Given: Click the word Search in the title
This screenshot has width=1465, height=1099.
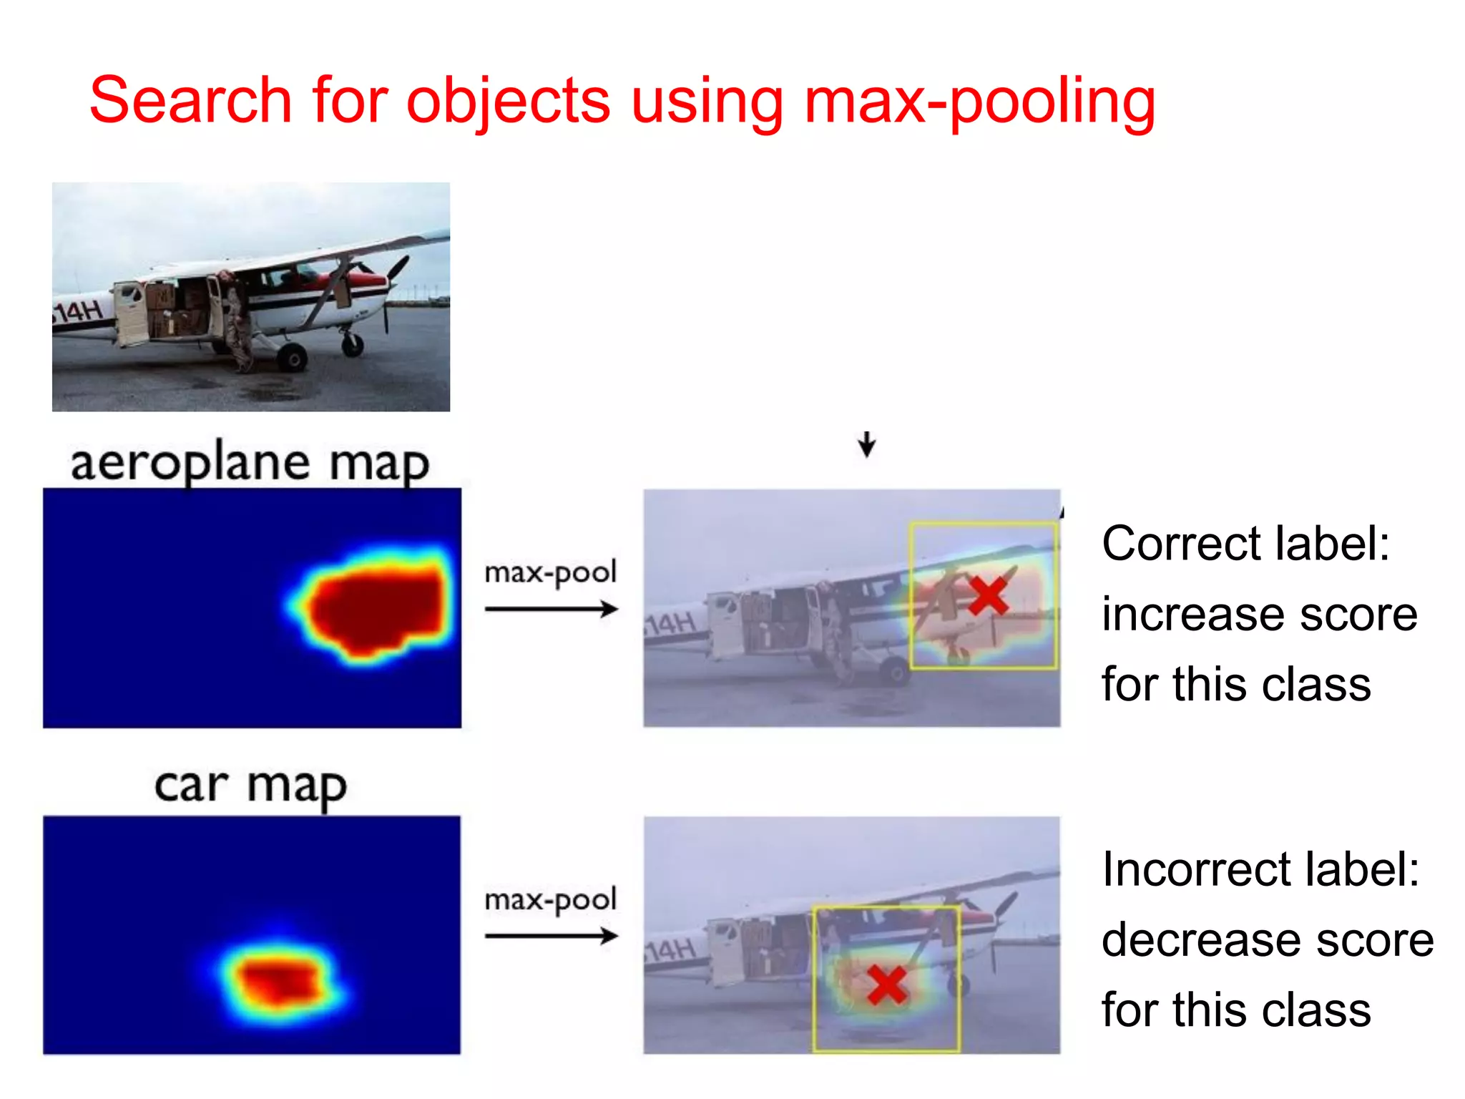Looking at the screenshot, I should (x=190, y=100).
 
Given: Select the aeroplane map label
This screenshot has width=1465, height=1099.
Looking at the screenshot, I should (x=250, y=463).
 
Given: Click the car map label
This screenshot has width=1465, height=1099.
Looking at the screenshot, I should (x=250, y=786).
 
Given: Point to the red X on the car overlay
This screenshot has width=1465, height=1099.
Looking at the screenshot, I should (x=887, y=985).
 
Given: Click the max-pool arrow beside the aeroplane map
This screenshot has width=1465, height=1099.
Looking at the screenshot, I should (x=551, y=610).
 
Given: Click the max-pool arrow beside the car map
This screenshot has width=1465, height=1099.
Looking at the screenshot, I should (x=551, y=936).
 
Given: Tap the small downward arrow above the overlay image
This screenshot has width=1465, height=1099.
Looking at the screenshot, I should (x=867, y=444).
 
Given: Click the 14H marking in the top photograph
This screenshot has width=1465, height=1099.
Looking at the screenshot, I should (x=79, y=311).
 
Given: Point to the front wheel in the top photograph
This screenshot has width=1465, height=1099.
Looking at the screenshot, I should (x=352, y=344).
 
